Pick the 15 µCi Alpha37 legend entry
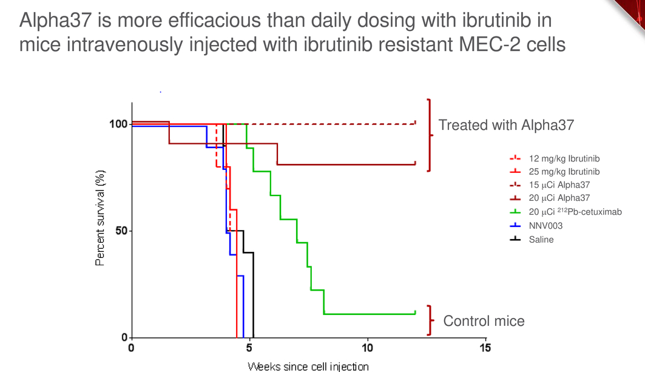pos(550,184)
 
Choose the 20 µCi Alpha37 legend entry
pos(550,198)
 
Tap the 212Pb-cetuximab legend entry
pos(566,212)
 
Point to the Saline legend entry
pos(532,240)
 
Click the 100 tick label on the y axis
pos(118,124)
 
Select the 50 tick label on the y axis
pos(121,231)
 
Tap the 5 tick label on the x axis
pos(249,348)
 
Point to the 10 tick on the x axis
pos(367,348)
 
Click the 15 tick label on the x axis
pos(485,348)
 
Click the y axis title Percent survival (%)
pos(100,218)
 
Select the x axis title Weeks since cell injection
pos(308,367)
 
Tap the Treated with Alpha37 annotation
pos(506,125)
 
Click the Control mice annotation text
pos(484,321)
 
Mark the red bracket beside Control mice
pos(430,320)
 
